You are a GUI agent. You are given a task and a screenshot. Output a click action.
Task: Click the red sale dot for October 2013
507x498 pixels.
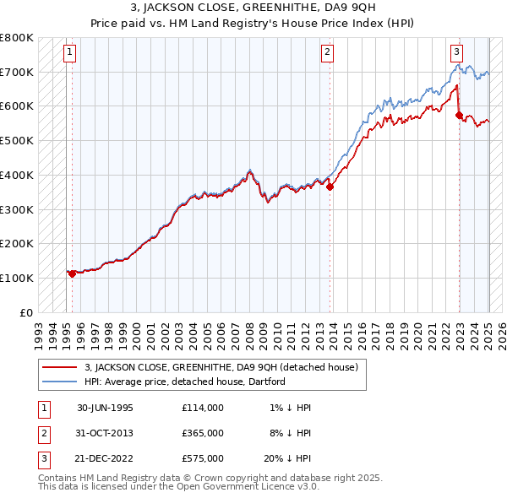330,187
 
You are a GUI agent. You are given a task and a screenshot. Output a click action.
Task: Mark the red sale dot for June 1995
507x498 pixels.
72,273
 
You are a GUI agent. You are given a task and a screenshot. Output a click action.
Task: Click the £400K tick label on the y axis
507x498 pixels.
17,175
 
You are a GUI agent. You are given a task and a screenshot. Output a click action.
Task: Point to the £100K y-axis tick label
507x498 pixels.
17,278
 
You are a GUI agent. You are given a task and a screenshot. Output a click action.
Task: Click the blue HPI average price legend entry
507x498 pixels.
185,382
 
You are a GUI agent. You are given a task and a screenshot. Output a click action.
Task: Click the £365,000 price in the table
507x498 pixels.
202,432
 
